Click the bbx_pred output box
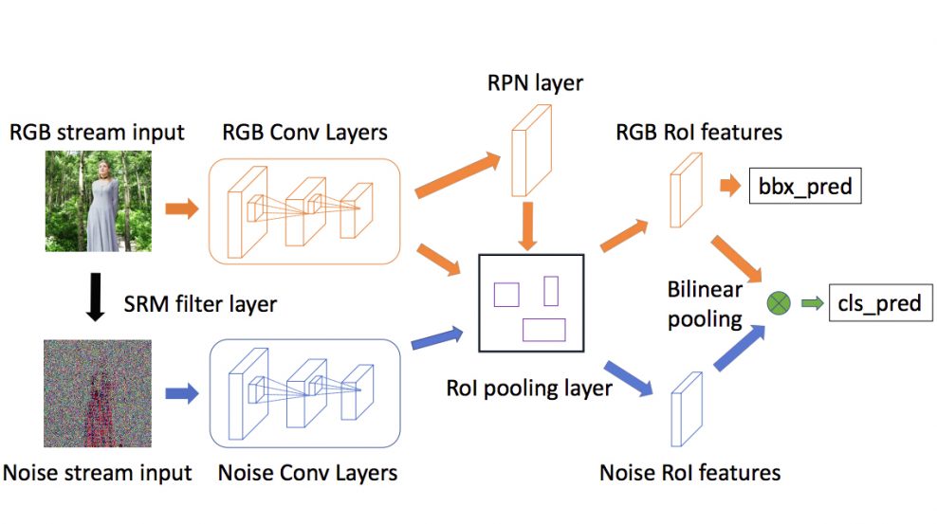(805, 187)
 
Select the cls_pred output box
(880, 303)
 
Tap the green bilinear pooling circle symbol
(779, 303)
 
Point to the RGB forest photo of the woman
(99, 201)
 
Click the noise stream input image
(98, 393)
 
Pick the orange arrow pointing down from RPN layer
(527, 226)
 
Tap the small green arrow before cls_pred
(812, 303)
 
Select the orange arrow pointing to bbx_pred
(730, 186)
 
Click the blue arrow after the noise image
(182, 393)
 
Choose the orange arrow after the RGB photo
(182, 208)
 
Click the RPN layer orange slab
(531, 151)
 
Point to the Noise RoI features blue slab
(687, 409)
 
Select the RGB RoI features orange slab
(686, 190)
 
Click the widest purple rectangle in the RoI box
(543, 330)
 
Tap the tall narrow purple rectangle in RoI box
(551, 291)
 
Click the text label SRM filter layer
(200, 304)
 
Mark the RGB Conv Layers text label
(304, 133)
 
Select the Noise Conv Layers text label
(308, 473)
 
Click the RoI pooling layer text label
(529, 388)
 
